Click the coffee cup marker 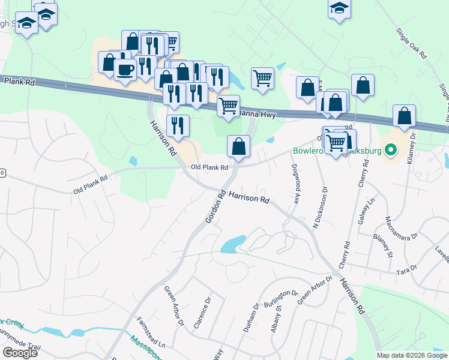(125, 70)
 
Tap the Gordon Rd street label (215, 208)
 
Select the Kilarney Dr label (414, 155)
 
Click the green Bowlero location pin (391, 150)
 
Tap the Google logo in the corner (20, 353)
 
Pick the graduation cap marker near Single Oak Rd (339, 9)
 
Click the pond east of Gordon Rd (233, 244)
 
